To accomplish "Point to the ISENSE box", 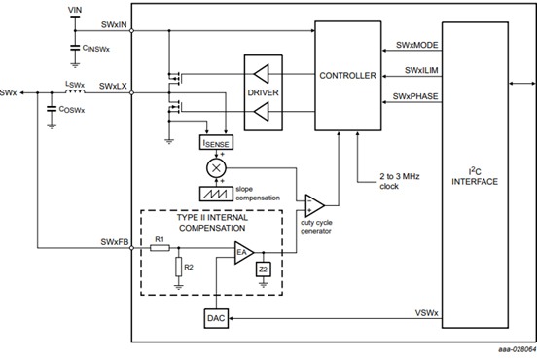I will pos(218,143).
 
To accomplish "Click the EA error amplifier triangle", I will pos(244,253).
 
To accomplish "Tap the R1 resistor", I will pos(160,248).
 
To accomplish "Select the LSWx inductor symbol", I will pos(73,93).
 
